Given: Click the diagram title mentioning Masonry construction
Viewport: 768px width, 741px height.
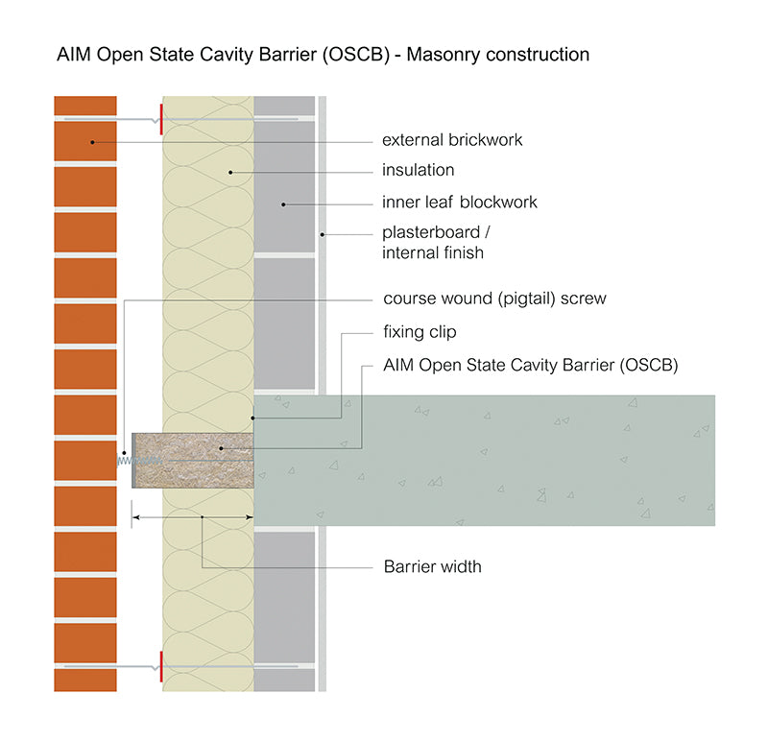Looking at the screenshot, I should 324,55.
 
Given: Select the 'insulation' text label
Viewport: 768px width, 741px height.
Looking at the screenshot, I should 418,171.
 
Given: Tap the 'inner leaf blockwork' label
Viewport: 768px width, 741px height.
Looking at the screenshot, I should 459,203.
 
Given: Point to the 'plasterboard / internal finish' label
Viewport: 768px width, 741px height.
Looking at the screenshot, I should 435,243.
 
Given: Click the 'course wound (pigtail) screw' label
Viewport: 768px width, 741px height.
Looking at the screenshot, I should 494,299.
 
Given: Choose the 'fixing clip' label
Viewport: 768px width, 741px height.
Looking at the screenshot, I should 420,332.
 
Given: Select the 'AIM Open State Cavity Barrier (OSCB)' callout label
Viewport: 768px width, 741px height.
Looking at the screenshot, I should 530,365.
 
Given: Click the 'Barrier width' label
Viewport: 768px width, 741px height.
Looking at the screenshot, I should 432,566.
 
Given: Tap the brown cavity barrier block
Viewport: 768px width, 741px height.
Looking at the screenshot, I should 192,460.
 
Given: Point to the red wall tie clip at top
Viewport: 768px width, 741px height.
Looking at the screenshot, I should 161,120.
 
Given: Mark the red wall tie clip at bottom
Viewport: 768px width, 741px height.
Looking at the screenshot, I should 161,664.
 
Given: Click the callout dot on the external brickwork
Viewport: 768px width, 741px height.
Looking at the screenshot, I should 92,142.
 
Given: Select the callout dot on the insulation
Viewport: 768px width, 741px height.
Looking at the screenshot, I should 230,172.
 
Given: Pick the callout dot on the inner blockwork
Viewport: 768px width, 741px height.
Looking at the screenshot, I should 283,203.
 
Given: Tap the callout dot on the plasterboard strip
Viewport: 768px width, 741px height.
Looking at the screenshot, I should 323,234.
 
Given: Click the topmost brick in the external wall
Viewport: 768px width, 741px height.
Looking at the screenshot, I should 85,105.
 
